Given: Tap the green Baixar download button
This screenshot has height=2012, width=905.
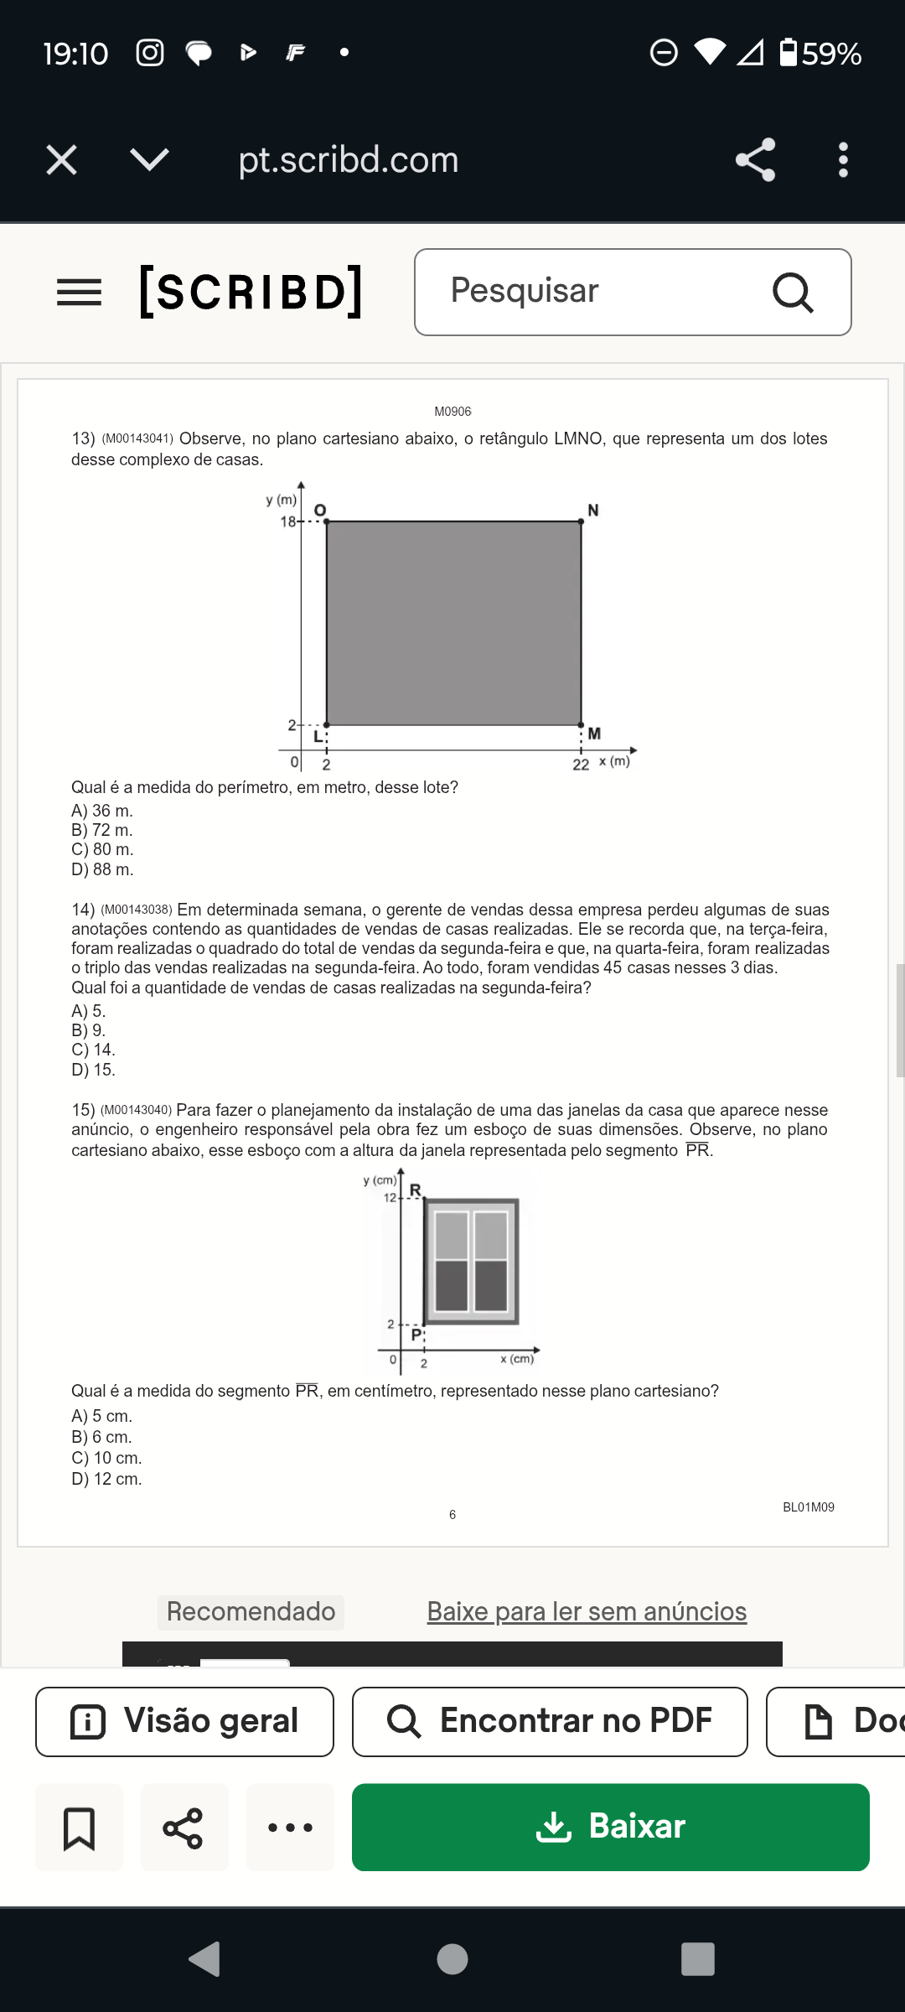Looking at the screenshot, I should coord(610,1827).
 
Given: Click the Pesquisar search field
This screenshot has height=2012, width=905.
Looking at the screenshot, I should coord(603,291).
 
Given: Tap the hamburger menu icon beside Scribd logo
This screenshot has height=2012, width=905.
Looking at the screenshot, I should coord(79,293).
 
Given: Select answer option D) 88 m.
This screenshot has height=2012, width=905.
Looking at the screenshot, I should coord(102,869).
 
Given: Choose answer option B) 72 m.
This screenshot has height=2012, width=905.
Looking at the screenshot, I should coord(102,830).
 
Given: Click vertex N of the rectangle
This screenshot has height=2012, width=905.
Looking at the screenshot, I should coord(581,521).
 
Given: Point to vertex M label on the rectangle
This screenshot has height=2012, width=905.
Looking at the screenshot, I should coord(594,734).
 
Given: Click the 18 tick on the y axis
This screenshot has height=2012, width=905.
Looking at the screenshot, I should coord(288,521).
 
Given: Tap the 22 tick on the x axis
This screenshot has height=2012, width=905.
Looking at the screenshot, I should coord(581,764).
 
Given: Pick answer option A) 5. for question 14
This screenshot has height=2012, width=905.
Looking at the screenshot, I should coord(89,1011).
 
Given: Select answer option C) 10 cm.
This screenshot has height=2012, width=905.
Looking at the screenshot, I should coord(106,1458).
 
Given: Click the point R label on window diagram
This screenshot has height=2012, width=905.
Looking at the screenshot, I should coord(415,1190).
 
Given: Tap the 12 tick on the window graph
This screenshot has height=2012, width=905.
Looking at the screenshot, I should coord(390,1197).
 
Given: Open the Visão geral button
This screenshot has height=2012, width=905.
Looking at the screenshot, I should coord(184,1721).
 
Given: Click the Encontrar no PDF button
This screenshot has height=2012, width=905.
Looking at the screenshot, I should coord(550,1721).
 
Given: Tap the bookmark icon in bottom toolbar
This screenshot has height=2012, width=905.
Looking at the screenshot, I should coord(79,1828).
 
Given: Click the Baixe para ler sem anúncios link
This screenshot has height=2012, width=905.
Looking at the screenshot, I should coord(587,1611).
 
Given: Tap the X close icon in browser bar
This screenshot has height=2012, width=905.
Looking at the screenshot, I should coord(61,159).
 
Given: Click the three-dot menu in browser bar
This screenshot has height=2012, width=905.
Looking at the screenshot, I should coord(843,159).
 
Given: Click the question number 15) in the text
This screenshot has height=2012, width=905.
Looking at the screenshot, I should coord(83,1110).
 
